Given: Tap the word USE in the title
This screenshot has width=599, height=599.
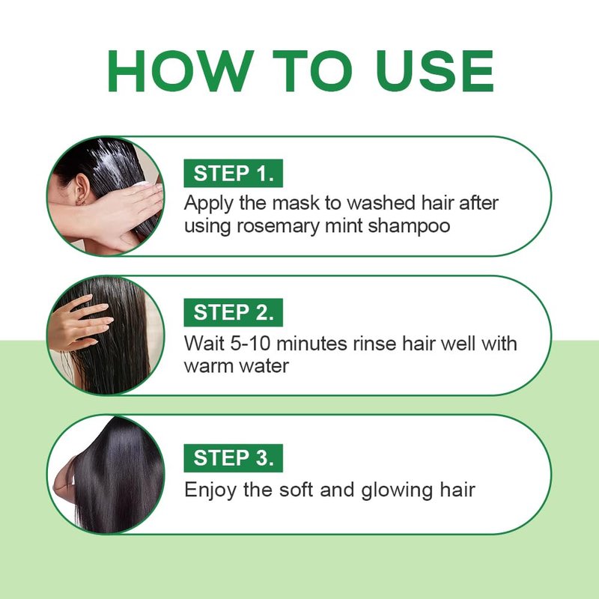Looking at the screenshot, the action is point(435,70).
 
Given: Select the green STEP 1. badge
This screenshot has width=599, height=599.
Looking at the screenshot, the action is point(233,173).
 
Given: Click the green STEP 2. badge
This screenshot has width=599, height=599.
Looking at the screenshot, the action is point(233,312).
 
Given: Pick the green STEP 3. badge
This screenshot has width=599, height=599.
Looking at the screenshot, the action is point(233,457).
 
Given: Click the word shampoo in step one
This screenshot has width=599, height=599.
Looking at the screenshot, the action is point(409,225).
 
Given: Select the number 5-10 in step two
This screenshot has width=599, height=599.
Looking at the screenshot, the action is point(250,343).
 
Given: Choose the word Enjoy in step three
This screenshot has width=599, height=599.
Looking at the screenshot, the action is point(210,490).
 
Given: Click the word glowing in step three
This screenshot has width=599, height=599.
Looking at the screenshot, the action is point(398,490).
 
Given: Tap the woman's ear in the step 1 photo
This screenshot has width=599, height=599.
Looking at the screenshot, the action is point(82,189).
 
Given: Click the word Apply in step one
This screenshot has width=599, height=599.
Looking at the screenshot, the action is point(209,203).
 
